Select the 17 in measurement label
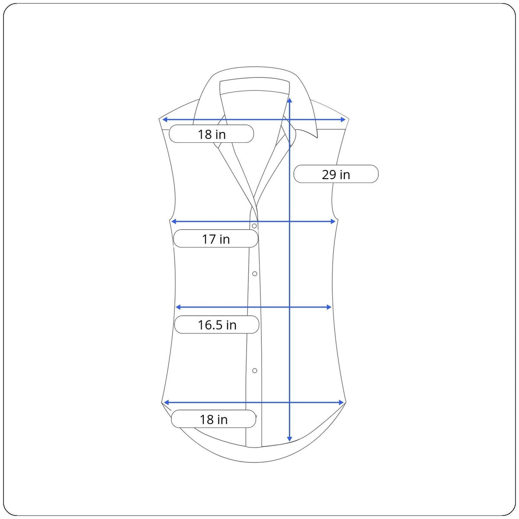pyautogui.click(x=216, y=238)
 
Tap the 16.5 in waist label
pyautogui.click(x=217, y=324)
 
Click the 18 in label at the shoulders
pyautogui.click(x=211, y=134)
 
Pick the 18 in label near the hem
pyautogui.click(x=213, y=419)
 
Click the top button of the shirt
pyautogui.click(x=254, y=226)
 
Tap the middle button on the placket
pyautogui.click(x=254, y=274)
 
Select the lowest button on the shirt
pyautogui.click(x=254, y=371)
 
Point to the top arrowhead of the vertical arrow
pyautogui.click(x=289, y=100)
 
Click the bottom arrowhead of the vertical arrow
pyautogui.click(x=289, y=439)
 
